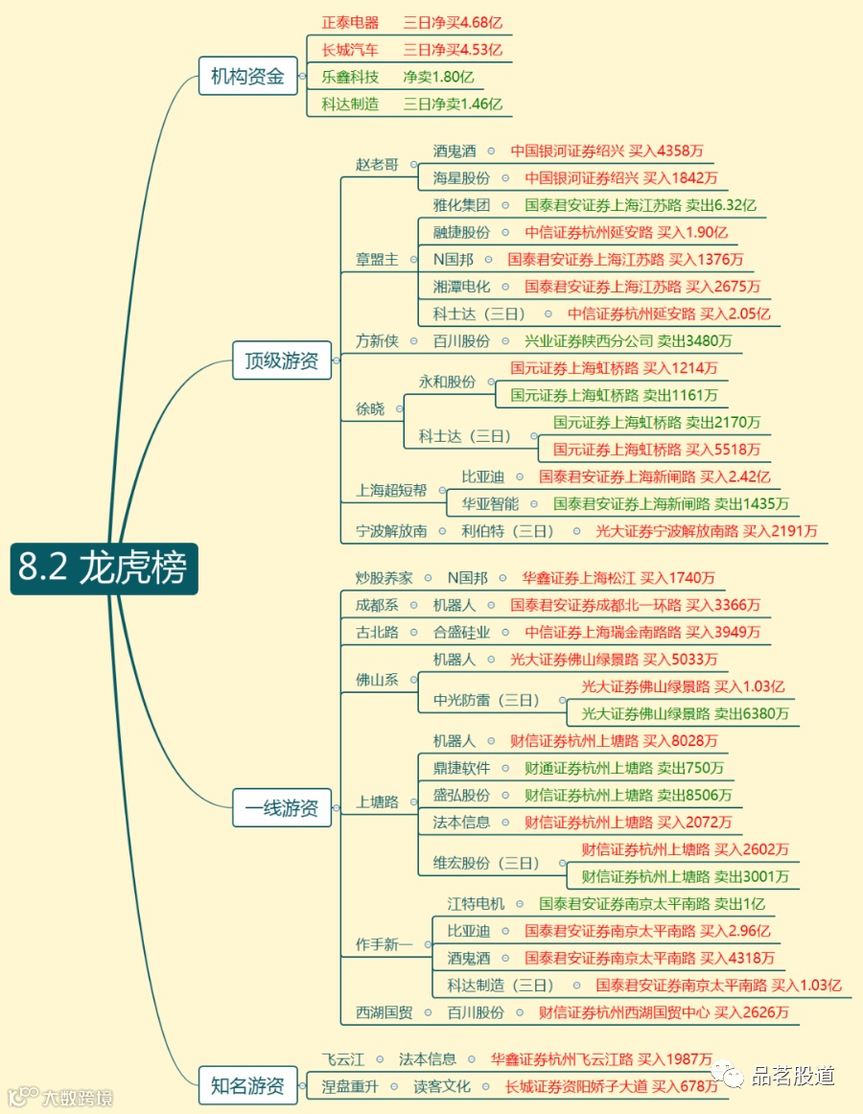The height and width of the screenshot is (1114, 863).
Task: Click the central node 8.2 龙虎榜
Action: pos(104,569)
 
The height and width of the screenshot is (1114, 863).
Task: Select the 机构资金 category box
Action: pos(247,77)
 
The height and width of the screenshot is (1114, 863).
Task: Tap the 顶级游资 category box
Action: pos(282,360)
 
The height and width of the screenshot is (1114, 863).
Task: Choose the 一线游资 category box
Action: pos(282,807)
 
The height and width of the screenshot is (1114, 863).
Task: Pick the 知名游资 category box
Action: pos(247,1086)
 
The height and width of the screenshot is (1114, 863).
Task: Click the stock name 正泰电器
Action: pos(350,22)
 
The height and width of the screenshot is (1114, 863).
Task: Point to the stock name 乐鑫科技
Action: pos(350,77)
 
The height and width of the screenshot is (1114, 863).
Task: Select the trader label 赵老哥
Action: pos(377,164)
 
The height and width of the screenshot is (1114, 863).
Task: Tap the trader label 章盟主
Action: pos(377,259)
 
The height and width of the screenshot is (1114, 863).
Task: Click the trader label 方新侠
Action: pos(377,340)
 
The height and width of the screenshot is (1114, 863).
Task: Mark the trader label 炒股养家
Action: pos(384,577)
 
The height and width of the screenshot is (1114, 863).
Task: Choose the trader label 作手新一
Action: pos(384,944)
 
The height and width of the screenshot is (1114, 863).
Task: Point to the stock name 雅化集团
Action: pos(461,204)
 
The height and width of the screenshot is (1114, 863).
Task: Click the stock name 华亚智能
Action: pos(490,503)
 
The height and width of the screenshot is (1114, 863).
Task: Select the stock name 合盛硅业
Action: pos(461,632)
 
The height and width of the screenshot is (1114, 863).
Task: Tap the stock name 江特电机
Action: pos(476,903)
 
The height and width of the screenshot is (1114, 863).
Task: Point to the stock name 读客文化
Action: pos(442,1086)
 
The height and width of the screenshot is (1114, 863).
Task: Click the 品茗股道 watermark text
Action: pos(792,1076)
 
